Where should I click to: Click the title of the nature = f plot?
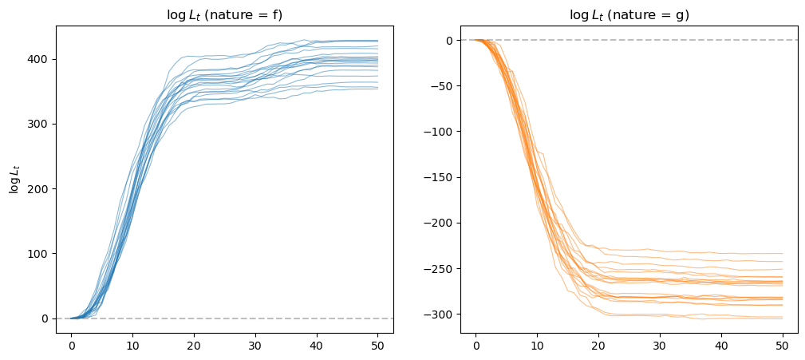(225, 15)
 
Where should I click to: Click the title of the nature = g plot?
(629, 15)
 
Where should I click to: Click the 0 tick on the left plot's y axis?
(47, 318)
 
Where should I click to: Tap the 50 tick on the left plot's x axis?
(378, 346)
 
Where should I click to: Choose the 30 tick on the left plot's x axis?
(255, 346)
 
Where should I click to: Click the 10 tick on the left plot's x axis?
(132, 346)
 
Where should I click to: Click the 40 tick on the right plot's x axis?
(722, 346)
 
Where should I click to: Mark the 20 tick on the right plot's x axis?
(598, 346)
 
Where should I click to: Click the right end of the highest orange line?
(783, 253)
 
